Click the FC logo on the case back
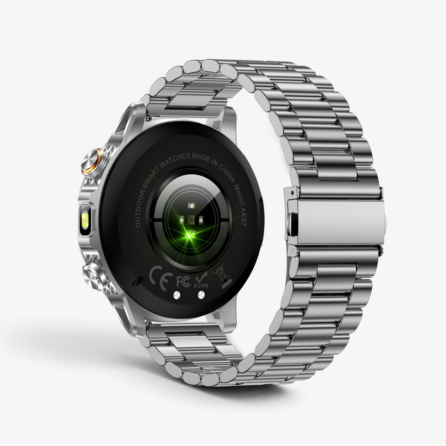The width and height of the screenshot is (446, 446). click(183, 281)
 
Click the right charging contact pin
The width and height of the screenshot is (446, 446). click(201, 294)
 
